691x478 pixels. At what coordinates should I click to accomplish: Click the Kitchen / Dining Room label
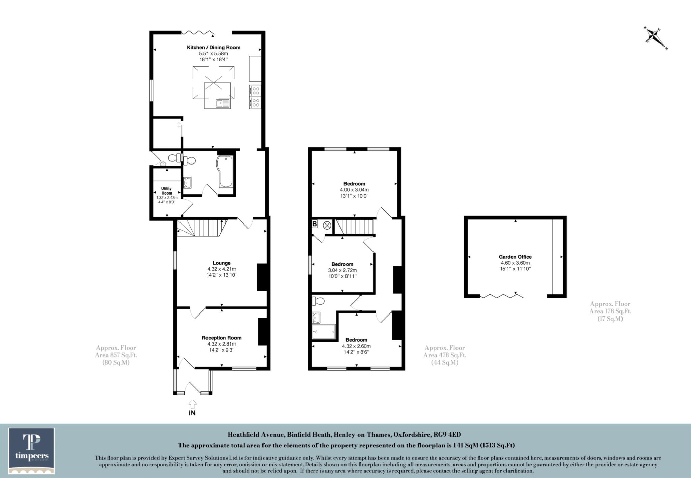tap(214, 48)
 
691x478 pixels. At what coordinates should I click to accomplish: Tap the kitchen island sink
tap(223, 103)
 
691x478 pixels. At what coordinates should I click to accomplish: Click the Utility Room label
tap(167, 191)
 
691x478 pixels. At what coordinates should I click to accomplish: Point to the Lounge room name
tap(222, 263)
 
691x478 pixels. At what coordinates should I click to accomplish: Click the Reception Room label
tap(222, 338)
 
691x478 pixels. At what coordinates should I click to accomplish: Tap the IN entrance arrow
tap(193, 405)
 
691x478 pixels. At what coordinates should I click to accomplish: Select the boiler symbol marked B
tap(315, 224)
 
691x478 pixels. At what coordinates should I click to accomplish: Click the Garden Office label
tap(515, 257)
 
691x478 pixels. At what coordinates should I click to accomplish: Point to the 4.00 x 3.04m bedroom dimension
tap(354, 190)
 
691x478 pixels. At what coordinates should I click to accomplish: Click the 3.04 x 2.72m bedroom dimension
tap(342, 270)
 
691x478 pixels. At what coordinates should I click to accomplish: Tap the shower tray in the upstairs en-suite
tap(324, 331)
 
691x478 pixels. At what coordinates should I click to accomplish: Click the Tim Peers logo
tap(32, 451)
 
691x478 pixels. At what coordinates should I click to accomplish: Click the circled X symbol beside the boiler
tap(327, 226)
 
